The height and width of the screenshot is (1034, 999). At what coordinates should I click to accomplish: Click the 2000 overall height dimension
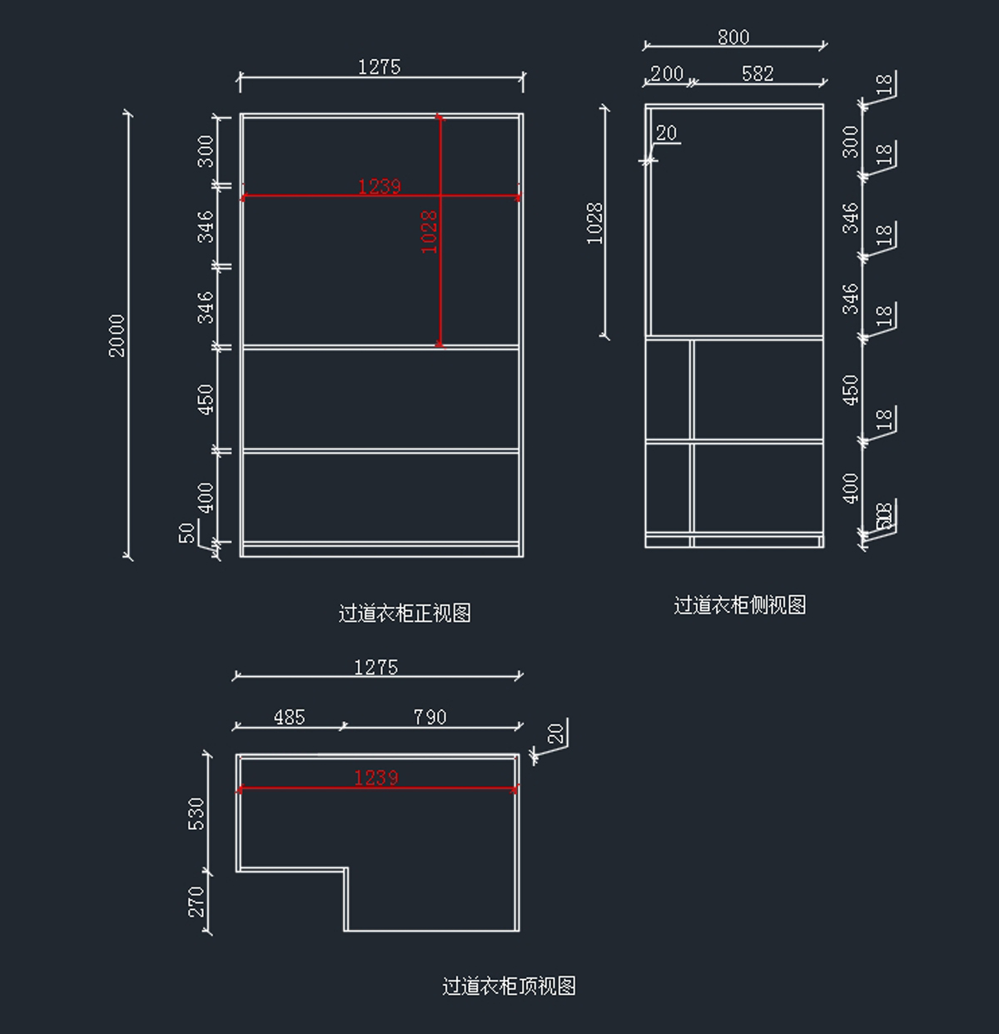click(117, 335)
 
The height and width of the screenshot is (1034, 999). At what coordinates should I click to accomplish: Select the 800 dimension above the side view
click(733, 37)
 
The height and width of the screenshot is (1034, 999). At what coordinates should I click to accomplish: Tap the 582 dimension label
click(758, 73)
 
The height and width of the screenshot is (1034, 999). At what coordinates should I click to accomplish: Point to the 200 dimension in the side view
click(666, 73)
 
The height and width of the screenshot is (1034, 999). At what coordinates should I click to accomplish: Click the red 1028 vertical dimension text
click(430, 231)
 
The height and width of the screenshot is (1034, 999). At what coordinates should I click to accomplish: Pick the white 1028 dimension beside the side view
click(594, 223)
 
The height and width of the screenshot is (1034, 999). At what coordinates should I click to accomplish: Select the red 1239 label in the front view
click(379, 186)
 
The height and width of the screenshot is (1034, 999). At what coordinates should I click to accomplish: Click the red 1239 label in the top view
click(376, 778)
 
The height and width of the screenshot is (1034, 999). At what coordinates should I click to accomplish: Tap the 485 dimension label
click(289, 717)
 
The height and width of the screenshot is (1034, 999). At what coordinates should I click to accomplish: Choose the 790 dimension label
click(430, 717)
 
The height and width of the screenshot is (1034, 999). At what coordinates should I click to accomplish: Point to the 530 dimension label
click(196, 813)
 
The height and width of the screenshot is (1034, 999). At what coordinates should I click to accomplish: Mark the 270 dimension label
click(196, 902)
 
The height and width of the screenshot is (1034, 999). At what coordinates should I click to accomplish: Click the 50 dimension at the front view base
click(188, 532)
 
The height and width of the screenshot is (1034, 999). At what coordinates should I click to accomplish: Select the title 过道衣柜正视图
click(405, 614)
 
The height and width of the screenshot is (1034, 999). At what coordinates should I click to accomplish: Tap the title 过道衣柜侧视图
click(739, 605)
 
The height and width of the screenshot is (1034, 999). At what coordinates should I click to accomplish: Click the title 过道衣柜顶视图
click(509, 987)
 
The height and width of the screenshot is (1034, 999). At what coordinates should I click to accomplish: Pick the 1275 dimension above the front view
click(379, 67)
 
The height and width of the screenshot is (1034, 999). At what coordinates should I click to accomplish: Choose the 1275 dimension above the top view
click(375, 667)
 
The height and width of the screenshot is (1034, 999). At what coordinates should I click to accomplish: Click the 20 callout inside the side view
click(666, 133)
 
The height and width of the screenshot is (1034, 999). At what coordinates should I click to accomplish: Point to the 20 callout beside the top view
click(556, 733)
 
